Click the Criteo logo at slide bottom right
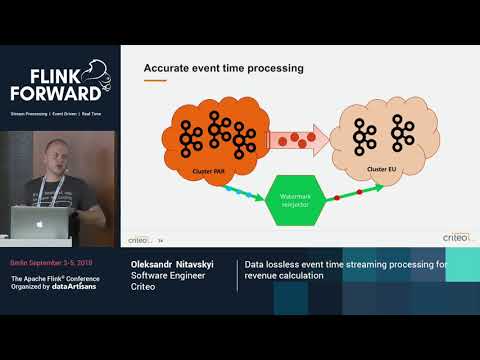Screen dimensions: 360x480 click(x=456, y=237)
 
